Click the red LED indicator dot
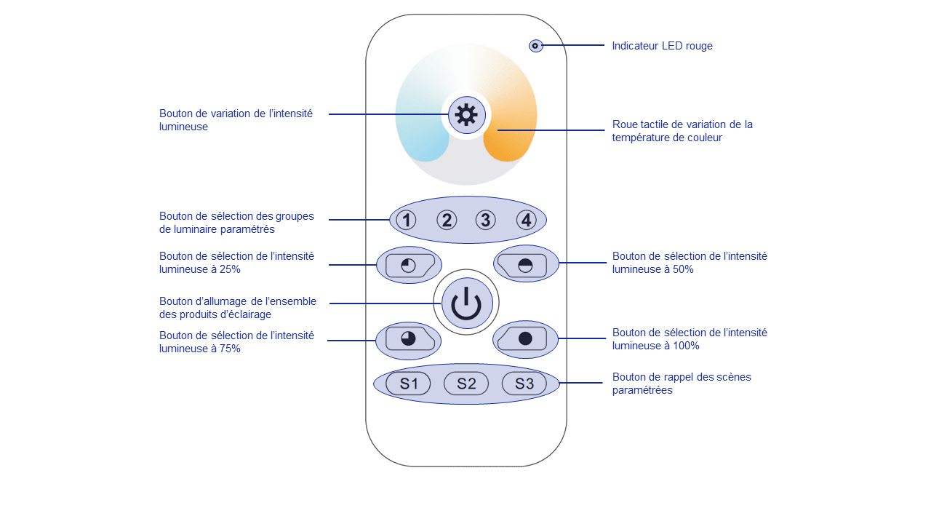pos(535,46)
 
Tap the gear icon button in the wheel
pos(466,114)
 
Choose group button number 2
pos(447,220)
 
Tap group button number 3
pos(486,220)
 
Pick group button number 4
pos(527,220)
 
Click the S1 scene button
pos(409,384)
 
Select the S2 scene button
pos(466,384)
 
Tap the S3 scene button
pos(524,384)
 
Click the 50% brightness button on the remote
pos(525,265)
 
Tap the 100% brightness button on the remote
pos(525,339)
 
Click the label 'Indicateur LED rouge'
pos(662,46)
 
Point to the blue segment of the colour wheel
pos(422,135)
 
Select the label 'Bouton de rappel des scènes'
pos(682,377)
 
